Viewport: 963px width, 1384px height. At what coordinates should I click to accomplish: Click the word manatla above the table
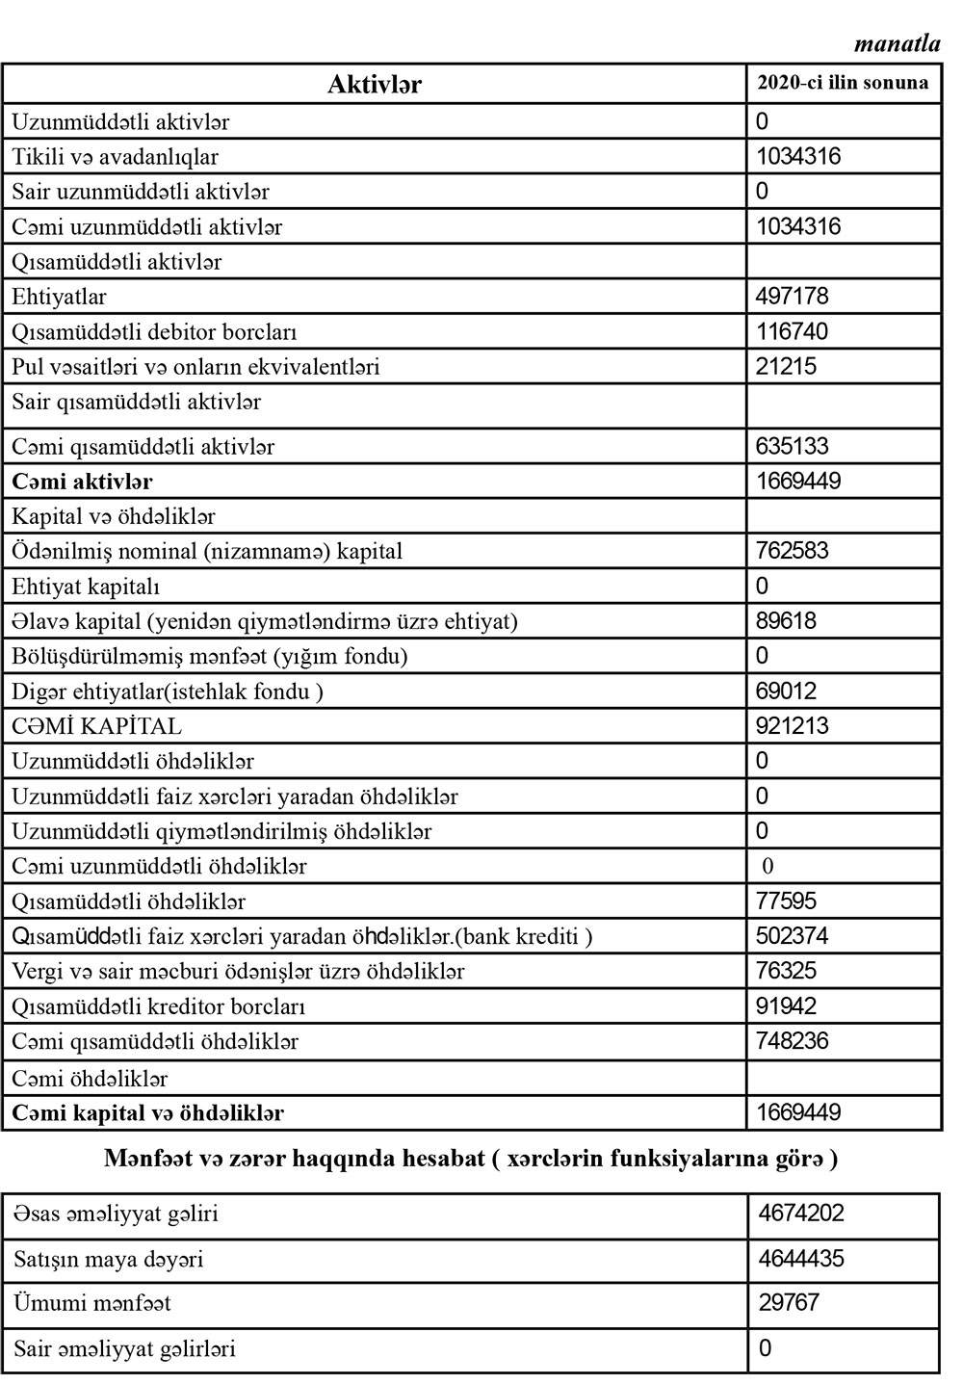897,43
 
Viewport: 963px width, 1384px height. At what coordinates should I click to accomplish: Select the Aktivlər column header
374,84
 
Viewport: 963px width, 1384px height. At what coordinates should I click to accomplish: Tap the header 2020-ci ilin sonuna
843,83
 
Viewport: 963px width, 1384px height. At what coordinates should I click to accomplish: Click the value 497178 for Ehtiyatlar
793,297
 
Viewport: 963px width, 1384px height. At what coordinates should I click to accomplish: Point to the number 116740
793,331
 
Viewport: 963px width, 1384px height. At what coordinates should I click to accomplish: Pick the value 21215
786,366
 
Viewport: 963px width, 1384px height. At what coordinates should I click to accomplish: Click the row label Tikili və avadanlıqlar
116,157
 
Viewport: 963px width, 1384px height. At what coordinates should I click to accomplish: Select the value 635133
793,446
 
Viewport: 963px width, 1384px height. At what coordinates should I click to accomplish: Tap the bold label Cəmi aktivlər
82,482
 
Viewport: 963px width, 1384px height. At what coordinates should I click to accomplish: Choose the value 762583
793,551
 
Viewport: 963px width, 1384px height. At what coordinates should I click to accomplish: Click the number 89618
786,620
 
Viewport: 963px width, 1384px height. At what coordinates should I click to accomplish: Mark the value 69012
786,691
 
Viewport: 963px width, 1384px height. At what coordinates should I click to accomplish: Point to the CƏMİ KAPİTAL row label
96,726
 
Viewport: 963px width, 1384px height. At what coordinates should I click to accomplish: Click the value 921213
793,725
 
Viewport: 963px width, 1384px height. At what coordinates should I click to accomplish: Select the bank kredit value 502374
793,936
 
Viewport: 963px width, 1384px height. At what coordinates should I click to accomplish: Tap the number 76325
786,971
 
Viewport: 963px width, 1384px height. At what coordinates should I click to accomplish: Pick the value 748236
793,1041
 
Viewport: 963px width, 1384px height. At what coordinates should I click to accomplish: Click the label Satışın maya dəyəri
109,1260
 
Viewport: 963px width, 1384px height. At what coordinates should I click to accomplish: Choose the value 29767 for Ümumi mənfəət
789,1303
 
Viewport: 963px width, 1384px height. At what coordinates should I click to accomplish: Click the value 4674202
801,1213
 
